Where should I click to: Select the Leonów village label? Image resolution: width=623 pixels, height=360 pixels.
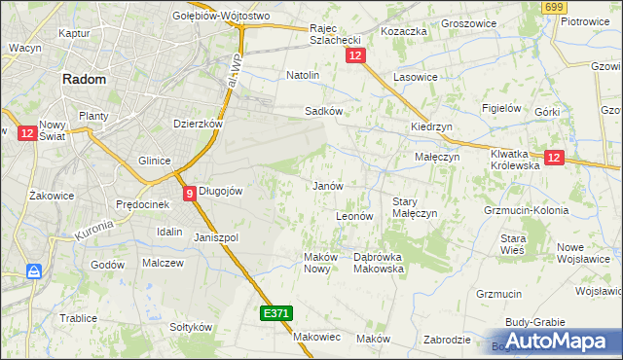[354, 215]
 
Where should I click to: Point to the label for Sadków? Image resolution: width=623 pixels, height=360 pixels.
[324, 111]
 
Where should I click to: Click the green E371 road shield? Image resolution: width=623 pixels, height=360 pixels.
[275, 313]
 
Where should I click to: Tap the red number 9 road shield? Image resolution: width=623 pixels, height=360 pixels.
[188, 193]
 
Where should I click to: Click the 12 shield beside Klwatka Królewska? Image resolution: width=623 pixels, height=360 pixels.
[554, 158]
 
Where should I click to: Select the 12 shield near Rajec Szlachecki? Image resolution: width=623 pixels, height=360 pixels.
[354, 58]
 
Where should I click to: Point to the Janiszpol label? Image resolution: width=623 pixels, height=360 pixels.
[216, 237]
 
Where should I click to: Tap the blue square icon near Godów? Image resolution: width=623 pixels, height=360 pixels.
[34, 271]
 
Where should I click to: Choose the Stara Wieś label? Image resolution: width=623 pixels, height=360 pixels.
[513, 243]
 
